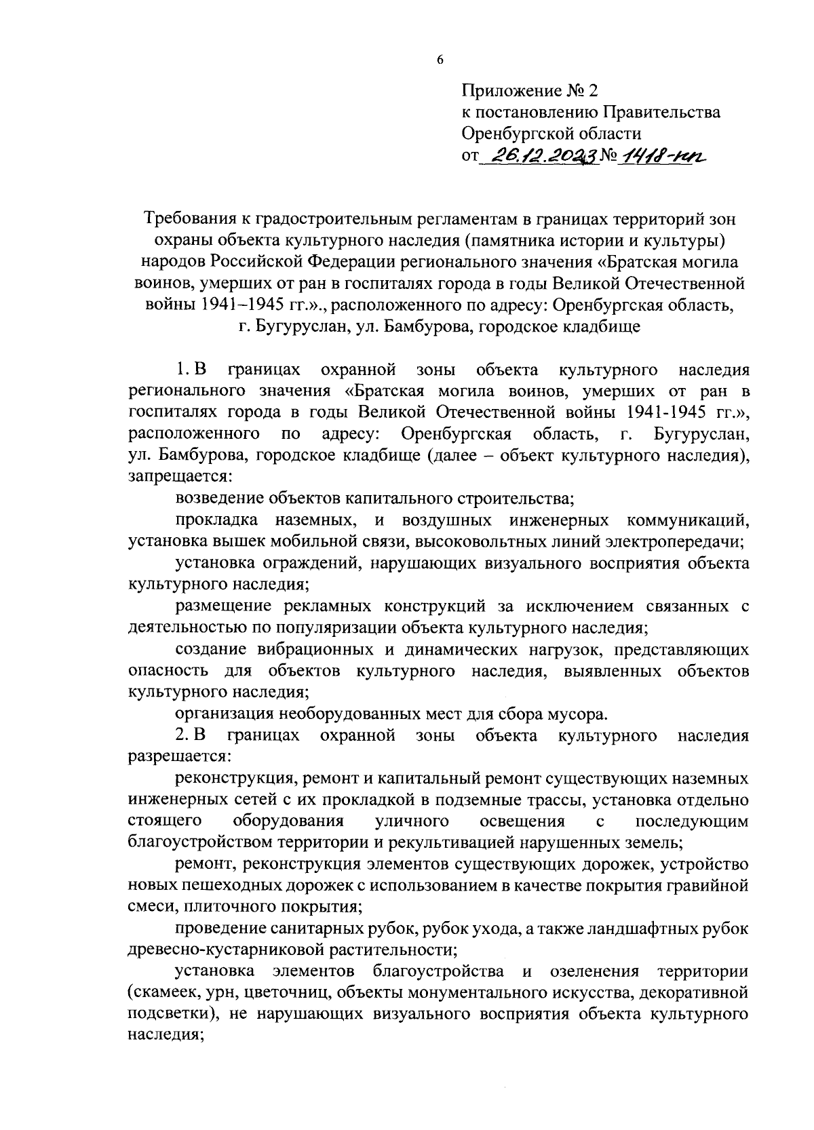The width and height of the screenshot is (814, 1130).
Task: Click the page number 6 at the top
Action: pyautogui.click(x=440, y=60)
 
